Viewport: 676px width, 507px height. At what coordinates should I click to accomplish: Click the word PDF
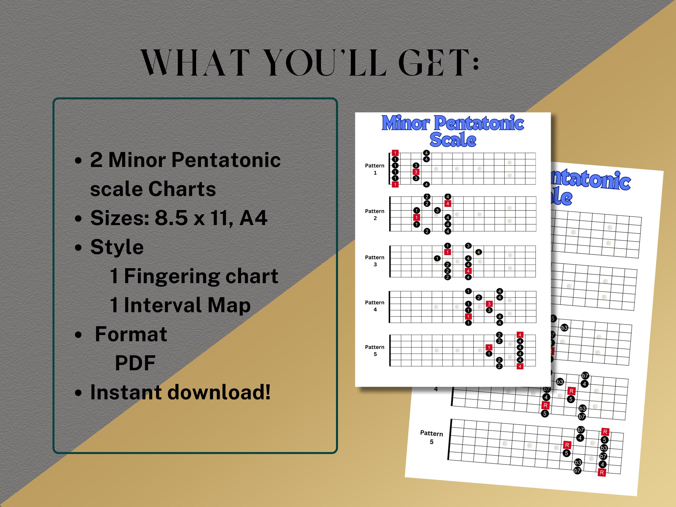click(x=135, y=363)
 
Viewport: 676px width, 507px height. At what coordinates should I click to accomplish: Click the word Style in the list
click(x=117, y=247)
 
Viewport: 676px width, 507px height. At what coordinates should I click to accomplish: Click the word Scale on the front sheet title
click(x=453, y=140)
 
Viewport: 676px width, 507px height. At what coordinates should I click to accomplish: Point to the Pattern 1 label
click(x=375, y=169)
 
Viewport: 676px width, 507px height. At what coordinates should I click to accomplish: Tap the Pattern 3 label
click(x=375, y=261)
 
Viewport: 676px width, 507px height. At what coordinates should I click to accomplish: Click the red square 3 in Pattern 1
click(x=416, y=172)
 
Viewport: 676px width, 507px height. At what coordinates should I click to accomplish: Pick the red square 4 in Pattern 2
click(x=448, y=204)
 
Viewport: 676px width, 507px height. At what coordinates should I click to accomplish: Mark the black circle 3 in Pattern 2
click(x=437, y=211)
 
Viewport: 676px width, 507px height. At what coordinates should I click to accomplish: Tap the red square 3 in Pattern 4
click(x=489, y=304)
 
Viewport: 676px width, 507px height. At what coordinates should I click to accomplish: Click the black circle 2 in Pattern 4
click(x=479, y=297)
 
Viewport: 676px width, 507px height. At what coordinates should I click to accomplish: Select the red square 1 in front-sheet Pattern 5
click(x=489, y=348)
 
